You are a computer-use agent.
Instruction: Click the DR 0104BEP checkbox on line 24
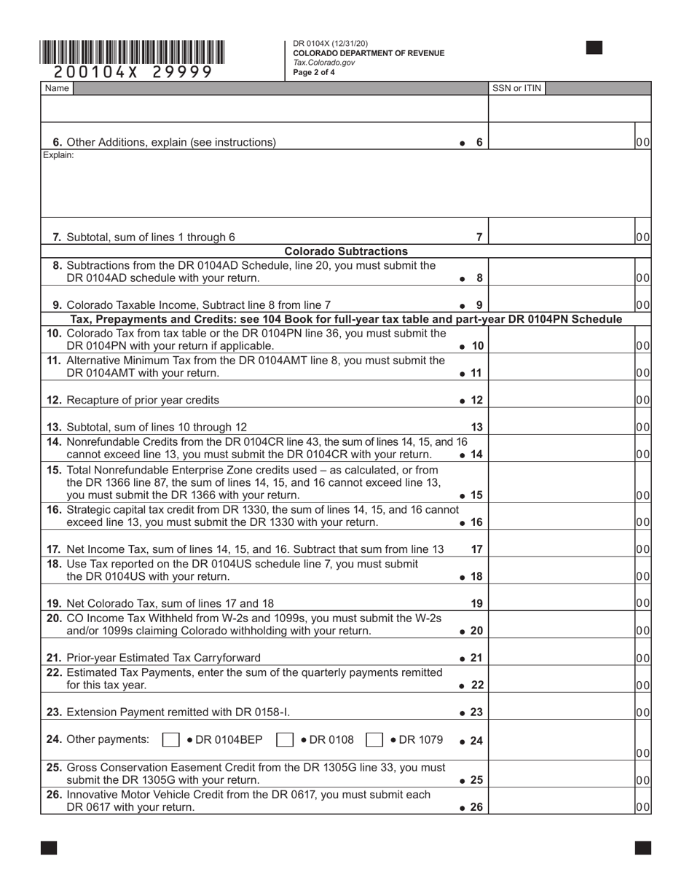point(170,739)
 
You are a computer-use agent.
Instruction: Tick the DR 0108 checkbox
point(286,739)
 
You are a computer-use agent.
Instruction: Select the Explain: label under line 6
point(58,155)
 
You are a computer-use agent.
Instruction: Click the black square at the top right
point(594,48)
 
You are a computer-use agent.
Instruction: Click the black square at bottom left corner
point(49,847)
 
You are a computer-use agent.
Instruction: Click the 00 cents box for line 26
point(642,806)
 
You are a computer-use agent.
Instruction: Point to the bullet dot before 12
point(463,401)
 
